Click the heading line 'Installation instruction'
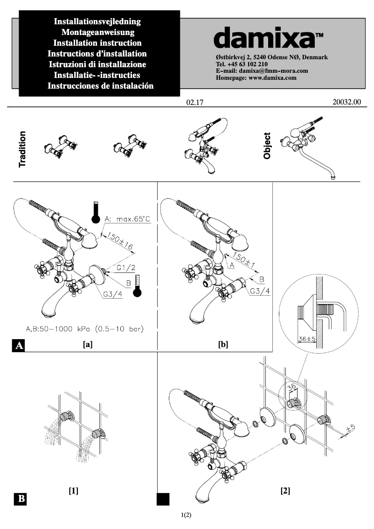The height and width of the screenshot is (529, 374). coord(98,43)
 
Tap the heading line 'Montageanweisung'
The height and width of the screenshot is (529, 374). coord(98,33)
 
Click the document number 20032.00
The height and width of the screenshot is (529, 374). coord(346,101)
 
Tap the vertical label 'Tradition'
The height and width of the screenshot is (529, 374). coord(22,149)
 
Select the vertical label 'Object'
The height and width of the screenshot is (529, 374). coord(267,146)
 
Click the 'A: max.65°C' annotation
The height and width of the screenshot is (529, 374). coord(127,219)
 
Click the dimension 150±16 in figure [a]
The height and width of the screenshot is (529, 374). coord(120,242)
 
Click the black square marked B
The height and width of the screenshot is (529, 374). coord(21,499)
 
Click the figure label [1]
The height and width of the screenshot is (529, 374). coord(73,491)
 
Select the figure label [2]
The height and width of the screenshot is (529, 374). coord(285,491)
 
